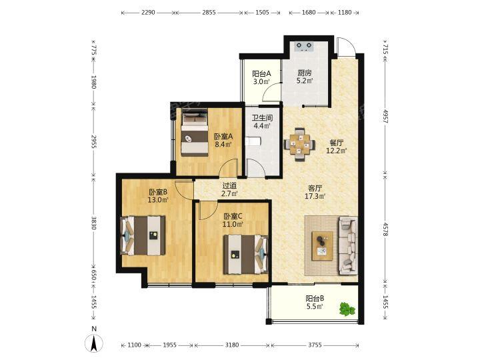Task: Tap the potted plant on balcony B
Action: click(347, 309)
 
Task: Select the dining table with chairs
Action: click(300, 144)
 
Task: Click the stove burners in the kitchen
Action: click(304, 47)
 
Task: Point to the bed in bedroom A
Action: click(195, 132)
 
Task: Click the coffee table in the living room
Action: click(323, 246)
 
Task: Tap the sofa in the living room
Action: click(348, 246)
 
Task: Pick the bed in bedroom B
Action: click(143, 236)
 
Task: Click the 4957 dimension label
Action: click(385, 116)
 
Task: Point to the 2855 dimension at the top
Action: click(209, 13)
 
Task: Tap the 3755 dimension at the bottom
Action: click(315, 345)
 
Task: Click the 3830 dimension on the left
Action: click(94, 223)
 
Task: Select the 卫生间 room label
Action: click(262, 118)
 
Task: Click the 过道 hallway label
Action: click(229, 185)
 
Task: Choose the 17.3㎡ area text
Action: click(315, 196)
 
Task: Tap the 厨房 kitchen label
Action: click(305, 73)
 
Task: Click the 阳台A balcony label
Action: click(261, 74)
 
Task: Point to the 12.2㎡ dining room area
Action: click(337, 151)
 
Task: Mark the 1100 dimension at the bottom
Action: click(134, 345)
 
